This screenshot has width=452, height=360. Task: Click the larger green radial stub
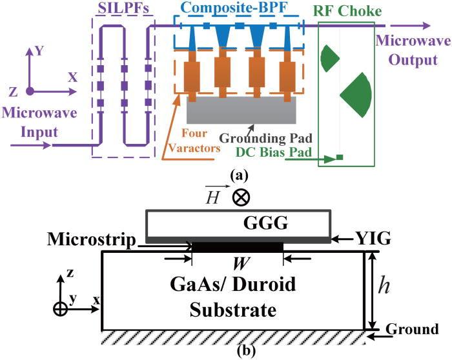[x=357, y=90]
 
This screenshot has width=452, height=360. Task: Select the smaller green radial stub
[x=330, y=58]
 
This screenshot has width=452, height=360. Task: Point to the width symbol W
[x=237, y=263]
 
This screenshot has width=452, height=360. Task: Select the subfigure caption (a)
[x=236, y=176]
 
